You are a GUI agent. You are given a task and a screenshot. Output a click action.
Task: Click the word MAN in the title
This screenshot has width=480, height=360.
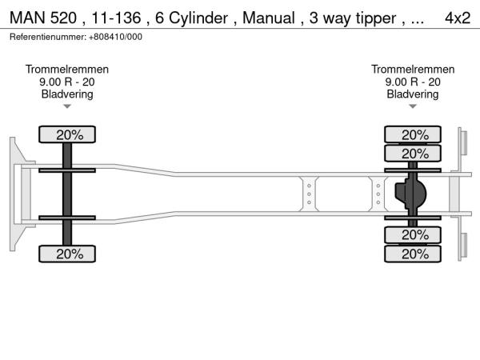(x=27, y=18)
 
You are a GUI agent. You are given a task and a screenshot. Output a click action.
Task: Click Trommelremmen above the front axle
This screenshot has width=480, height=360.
(x=67, y=70)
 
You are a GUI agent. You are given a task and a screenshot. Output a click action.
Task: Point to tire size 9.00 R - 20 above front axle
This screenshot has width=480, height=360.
(x=67, y=82)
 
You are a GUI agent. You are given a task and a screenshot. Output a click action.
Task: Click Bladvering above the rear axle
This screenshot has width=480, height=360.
(x=413, y=94)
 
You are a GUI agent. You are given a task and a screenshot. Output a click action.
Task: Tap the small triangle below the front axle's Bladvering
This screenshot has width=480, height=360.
(x=67, y=106)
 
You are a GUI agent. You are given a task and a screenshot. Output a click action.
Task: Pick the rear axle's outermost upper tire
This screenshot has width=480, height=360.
(x=414, y=134)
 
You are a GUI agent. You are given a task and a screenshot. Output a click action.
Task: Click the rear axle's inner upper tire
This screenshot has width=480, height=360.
(x=414, y=153)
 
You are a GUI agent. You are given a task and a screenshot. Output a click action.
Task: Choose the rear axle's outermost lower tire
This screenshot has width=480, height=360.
(x=414, y=254)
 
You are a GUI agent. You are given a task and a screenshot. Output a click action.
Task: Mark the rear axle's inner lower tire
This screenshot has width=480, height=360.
(x=414, y=235)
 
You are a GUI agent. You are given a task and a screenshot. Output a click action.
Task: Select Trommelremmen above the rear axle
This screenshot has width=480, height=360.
(x=413, y=70)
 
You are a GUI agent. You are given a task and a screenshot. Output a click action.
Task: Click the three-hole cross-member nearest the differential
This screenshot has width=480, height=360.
(x=379, y=194)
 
